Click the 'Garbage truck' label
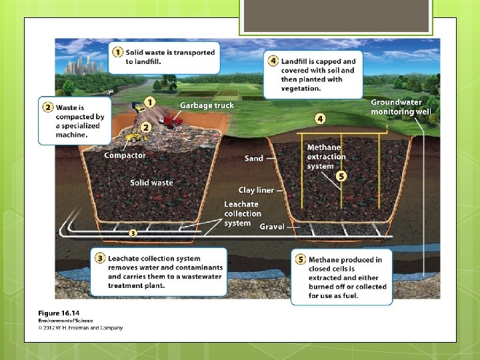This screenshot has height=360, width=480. [207, 105]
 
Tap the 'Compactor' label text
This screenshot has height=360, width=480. [125, 155]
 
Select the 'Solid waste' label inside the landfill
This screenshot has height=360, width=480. [151, 183]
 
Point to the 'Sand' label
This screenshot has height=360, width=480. [254, 159]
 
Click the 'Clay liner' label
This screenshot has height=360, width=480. [256, 191]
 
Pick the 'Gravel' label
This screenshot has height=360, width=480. [272, 227]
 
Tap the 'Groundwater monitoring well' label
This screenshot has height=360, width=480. [401, 107]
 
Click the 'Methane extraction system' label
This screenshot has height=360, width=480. [326, 157]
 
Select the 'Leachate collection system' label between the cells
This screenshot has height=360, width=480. [241, 213]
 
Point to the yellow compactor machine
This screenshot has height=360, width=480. [136, 137]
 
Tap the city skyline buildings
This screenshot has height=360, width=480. [87, 65]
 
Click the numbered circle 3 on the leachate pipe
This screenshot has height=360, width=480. [133, 233]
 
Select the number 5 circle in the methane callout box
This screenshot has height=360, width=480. [299, 260]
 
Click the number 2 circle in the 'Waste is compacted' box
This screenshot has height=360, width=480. [48, 107]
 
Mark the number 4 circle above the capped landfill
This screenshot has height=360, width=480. [320, 119]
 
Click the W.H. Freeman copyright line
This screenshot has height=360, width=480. [80, 327]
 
